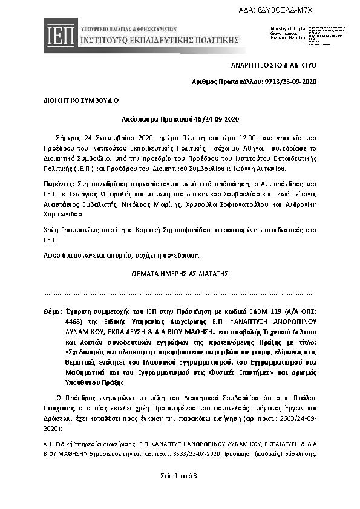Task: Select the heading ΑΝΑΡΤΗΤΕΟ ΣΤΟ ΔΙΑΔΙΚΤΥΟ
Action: (x=282, y=65)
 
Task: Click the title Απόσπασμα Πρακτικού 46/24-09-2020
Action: (x=179, y=119)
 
